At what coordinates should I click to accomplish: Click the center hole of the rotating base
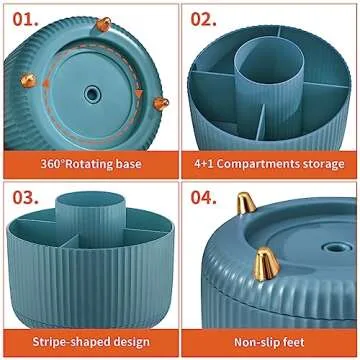[x=93, y=93]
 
